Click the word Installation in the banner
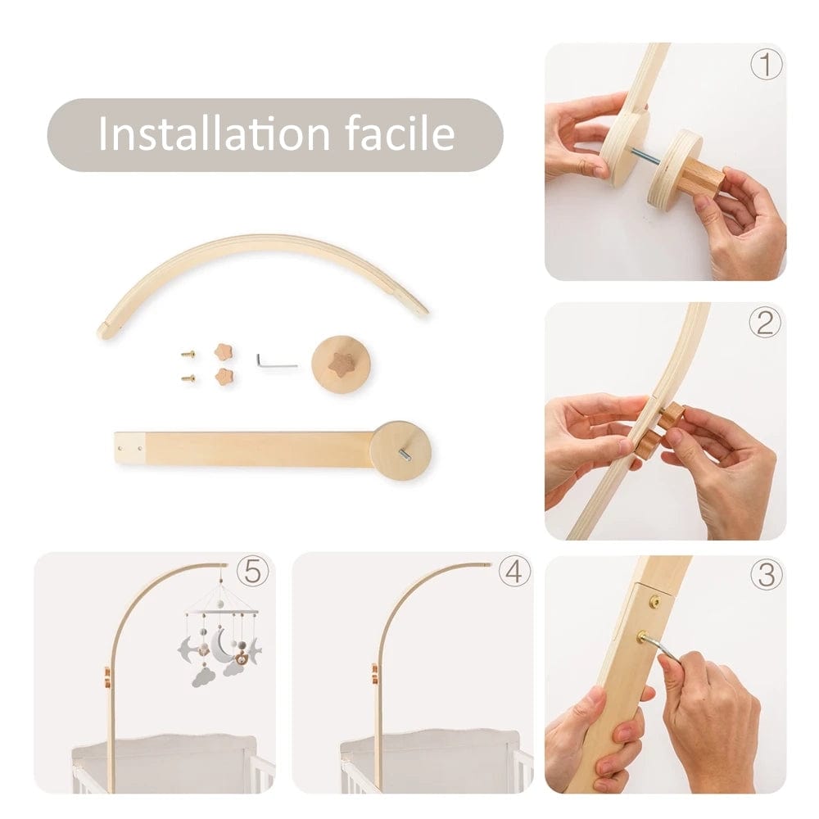[214, 133]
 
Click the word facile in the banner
[400, 133]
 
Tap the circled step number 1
[767, 65]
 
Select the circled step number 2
[765, 322]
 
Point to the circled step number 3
[767, 573]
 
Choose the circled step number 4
[514, 571]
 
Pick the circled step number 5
[253, 571]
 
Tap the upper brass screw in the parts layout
[188, 354]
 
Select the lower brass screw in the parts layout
[188, 378]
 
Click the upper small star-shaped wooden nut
[224, 351]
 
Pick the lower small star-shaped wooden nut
[224, 376]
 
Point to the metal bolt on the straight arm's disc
[405, 455]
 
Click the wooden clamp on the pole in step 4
[374, 674]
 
